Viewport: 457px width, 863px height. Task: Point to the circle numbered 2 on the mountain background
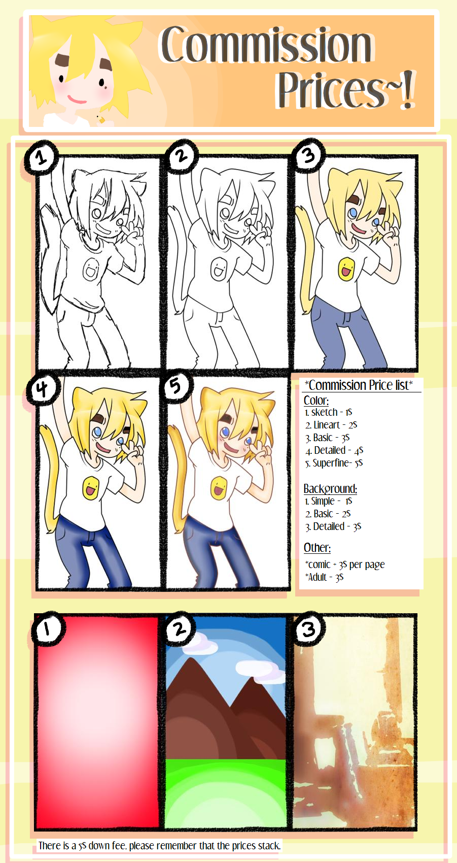(180, 628)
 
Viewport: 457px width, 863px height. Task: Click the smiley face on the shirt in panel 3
(346, 268)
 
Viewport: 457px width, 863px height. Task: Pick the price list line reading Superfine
(334, 462)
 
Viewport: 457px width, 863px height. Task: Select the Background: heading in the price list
(330, 488)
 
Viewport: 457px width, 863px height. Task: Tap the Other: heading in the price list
(317, 547)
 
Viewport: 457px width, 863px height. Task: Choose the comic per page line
(345, 565)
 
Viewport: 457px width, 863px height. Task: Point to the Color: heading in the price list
(316, 401)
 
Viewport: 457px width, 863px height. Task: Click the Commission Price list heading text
(359, 385)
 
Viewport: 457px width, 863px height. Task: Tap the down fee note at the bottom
(159, 846)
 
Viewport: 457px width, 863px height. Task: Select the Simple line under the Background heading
(328, 501)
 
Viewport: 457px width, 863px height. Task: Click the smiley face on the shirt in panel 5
(219, 487)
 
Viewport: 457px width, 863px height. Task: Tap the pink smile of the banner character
(77, 100)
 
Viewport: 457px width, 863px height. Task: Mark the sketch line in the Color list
(328, 412)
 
